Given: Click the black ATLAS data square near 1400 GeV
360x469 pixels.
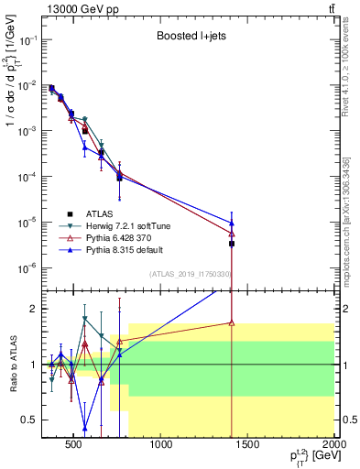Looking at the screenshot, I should coord(232,244).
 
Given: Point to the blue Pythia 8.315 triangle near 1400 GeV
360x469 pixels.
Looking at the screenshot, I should coord(232,223).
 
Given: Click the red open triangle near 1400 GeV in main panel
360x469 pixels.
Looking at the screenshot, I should coord(232,234).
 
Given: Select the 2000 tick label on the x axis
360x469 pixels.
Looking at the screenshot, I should coord(333,446).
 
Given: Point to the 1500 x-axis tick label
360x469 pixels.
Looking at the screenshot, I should coord(248,446).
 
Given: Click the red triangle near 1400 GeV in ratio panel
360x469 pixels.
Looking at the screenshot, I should coord(232,322).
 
